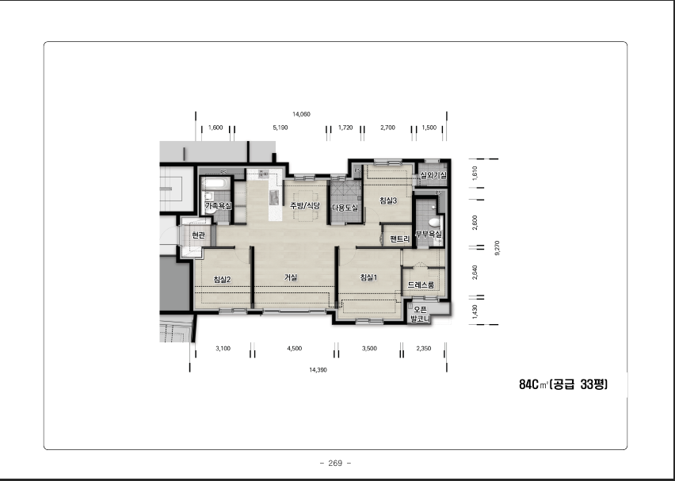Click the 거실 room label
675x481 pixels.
291,278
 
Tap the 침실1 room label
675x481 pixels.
368,278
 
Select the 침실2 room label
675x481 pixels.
222,279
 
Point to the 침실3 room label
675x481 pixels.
388,200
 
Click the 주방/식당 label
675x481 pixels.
305,205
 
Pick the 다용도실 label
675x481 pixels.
345,208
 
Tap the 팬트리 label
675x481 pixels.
399,239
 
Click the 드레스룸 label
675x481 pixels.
421,285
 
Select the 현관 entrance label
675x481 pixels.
198,235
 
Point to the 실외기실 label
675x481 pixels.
433,175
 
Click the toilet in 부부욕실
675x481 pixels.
434,223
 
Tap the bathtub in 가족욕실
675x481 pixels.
214,183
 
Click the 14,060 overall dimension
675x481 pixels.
301,114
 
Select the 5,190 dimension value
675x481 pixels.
280,128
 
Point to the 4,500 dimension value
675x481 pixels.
295,349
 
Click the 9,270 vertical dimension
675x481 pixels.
498,248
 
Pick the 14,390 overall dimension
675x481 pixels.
318,369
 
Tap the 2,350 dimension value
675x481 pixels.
424,349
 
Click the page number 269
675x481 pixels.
335,464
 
